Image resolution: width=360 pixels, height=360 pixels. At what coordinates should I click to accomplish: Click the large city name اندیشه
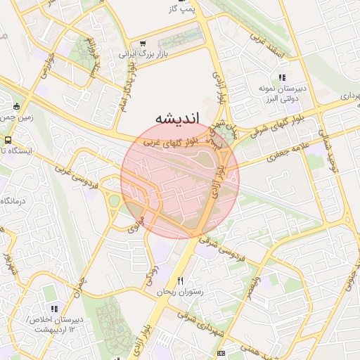click(176, 117)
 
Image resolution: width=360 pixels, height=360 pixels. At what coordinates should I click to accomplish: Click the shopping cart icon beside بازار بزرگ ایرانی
click(143, 42)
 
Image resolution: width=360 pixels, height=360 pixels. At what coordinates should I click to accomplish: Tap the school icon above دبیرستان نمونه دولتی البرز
click(282, 78)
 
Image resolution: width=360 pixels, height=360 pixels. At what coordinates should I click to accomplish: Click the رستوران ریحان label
click(179, 291)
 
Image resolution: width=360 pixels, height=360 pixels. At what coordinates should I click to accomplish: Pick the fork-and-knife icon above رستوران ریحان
click(180, 281)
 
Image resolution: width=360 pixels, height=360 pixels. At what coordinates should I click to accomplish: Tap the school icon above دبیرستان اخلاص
click(53, 309)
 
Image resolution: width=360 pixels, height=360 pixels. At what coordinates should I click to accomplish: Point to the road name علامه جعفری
click(285, 153)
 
